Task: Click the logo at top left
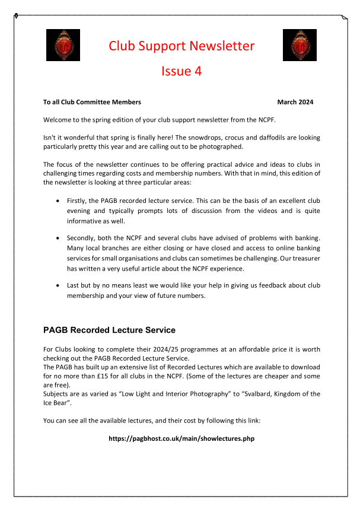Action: tap(63, 45)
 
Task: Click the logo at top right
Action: tap(300, 45)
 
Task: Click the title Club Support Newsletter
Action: tap(181, 46)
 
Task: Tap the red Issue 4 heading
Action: tap(181, 71)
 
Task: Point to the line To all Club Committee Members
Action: tap(92, 102)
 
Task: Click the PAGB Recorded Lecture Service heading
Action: tap(109, 330)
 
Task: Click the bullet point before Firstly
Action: tap(57, 202)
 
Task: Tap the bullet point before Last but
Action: tap(57, 285)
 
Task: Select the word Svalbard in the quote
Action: tap(263, 394)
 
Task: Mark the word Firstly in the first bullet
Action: tap(77, 202)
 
